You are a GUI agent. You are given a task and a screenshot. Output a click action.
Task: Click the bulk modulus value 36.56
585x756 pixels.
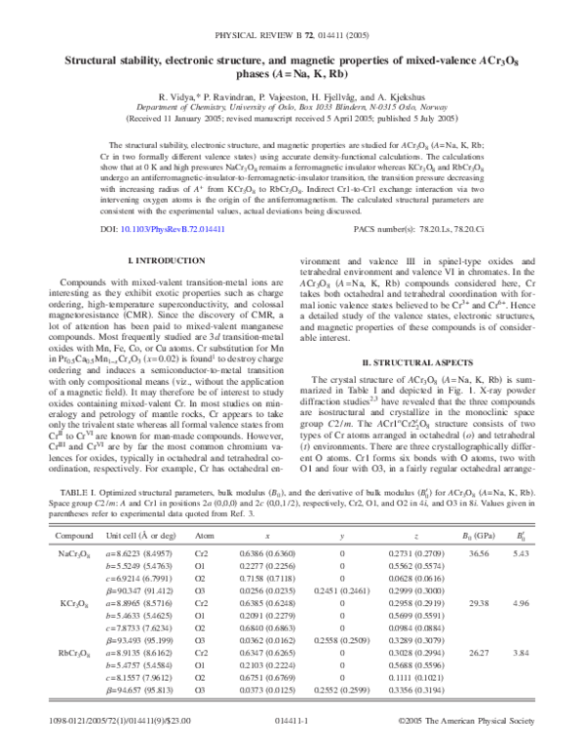click(x=479, y=552)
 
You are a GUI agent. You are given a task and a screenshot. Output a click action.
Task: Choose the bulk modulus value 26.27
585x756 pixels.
click(x=479, y=680)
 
